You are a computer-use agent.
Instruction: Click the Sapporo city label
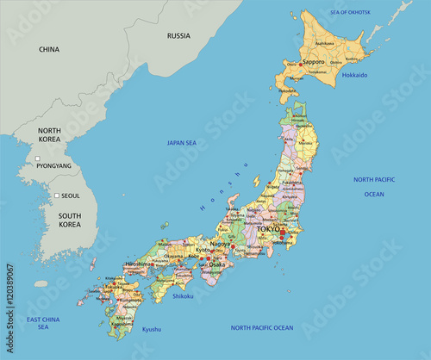point(313,62)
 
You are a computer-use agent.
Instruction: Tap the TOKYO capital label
point(268,229)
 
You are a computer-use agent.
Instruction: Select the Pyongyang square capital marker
point(37,158)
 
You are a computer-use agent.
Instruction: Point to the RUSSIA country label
point(178,36)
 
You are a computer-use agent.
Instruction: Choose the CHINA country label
point(49,50)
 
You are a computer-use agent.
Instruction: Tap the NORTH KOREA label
point(49,135)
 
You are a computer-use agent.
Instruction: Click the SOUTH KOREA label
point(58,219)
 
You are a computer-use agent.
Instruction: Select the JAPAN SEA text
point(182,143)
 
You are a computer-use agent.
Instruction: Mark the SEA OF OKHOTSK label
point(350,12)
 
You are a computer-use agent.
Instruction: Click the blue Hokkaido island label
point(354,75)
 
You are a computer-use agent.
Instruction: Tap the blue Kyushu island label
point(152,329)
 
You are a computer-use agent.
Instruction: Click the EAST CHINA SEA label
point(43,323)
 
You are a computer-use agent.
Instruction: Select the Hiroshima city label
point(140,264)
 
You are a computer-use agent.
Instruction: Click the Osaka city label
point(215,265)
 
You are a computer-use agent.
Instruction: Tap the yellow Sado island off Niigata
point(256,182)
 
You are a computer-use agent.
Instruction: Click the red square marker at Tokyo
point(282,232)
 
